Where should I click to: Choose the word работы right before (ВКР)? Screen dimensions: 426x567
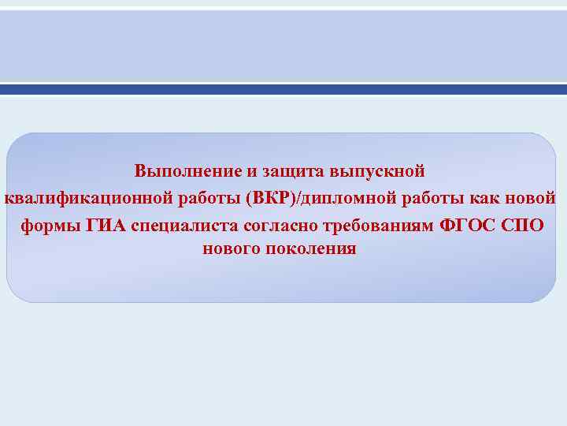(202, 197)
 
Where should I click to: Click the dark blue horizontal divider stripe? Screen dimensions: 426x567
(283, 90)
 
